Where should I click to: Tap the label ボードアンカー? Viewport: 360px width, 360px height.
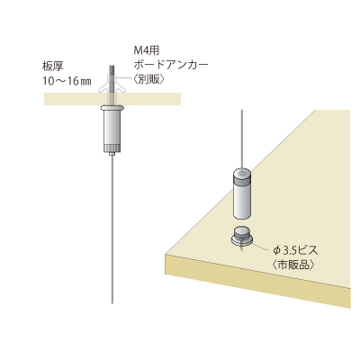(171, 65)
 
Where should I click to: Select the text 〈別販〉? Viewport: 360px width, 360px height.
(148, 79)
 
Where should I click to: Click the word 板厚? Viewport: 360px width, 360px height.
(54, 67)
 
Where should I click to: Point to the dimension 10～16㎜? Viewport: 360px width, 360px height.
(67, 82)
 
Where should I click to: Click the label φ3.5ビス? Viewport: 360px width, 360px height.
(295, 250)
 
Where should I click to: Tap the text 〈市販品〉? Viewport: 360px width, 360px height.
(293, 265)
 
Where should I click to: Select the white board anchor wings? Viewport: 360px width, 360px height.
(112, 85)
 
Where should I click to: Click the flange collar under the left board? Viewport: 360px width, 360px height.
(112, 107)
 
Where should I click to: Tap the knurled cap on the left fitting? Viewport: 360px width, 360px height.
(112, 148)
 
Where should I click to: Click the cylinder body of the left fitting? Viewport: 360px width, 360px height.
(112, 127)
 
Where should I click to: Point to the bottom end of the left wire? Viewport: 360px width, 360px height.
(112, 303)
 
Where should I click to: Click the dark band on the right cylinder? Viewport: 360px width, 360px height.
(242, 180)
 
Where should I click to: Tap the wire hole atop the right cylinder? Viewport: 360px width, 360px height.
(242, 173)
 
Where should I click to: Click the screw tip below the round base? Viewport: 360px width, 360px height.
(242, 249)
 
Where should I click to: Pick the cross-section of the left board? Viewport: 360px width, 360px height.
(112, 99)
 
